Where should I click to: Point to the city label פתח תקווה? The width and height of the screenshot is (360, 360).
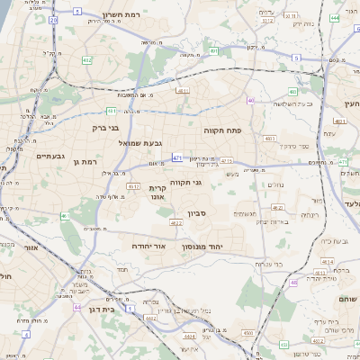(x=219, y=130)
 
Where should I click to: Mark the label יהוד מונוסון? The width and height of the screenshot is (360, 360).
(x=202, y=246)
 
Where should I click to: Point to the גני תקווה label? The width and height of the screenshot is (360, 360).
(x=184, y=183)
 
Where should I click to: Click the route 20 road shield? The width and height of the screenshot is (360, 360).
(x=53, y=19)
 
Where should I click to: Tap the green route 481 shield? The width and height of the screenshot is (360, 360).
(x=111, y=111)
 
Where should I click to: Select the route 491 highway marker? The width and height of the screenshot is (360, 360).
(x=213, y=51)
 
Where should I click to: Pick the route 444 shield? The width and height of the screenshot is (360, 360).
(x=334, y=17)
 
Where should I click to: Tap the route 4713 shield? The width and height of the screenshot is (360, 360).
(x=226, y=161)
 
